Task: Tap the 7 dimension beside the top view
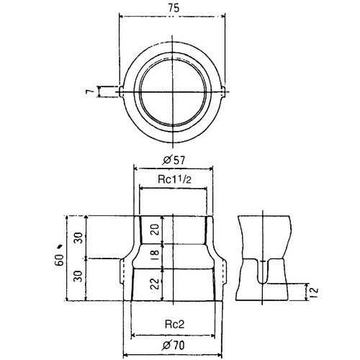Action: [87, 91]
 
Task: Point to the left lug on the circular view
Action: [120, 91]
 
